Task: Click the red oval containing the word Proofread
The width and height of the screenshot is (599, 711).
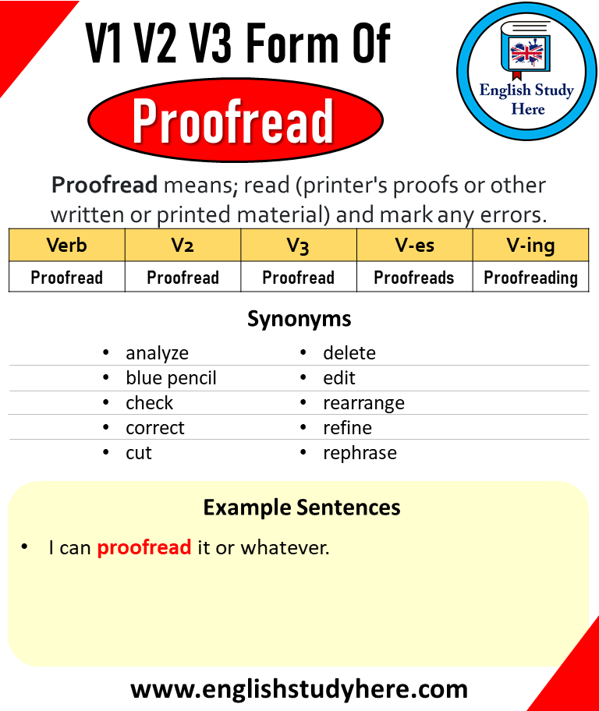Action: click(235, 121)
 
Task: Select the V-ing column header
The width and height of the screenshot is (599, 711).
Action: click(530, 246)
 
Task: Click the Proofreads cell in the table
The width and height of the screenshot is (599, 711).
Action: click(414, 278)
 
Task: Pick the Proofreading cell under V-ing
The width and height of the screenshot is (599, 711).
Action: click(530, 278)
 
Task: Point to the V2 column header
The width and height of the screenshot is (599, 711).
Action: click(183, 246)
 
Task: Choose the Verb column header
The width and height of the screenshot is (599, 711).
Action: click(67, 246)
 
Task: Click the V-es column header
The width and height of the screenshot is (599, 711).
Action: click(414, 246)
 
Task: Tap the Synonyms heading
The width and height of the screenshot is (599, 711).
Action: click(299, 319)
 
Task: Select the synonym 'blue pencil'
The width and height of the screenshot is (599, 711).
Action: click(171, 378)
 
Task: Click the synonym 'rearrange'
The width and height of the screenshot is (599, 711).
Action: click(363, 403)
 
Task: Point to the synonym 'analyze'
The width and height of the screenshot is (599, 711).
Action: click(157, 353)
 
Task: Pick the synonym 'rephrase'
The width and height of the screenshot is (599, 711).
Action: click(360, 453)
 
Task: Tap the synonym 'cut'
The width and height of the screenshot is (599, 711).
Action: click(139, 453)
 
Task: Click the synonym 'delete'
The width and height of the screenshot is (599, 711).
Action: click(349, 353)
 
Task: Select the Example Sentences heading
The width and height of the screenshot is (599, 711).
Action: click(302, 508)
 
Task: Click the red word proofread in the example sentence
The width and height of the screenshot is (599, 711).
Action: click(144, 548)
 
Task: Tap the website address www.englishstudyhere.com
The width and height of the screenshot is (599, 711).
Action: click(299, 688)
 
